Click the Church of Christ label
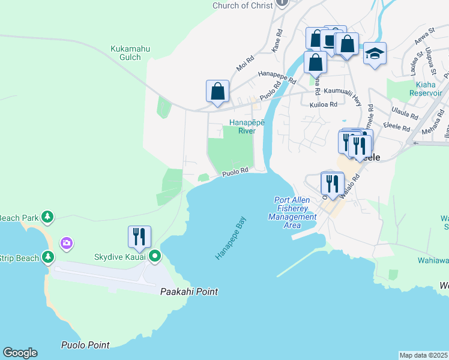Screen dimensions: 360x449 244,5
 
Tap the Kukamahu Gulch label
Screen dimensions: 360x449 126,53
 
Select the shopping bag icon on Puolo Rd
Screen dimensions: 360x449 218,92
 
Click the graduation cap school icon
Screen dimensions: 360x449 375,54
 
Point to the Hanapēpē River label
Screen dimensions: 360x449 243,126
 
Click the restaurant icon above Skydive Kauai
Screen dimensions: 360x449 139,236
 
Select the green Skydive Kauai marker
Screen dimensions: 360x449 155,257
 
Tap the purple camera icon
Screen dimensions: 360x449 67,243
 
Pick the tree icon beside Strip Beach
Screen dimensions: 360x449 48,257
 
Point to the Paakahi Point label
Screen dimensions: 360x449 188,292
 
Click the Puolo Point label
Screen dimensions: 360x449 85,345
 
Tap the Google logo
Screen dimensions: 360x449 20,353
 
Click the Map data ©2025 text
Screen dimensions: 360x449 423,355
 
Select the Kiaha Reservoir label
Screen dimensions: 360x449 426,89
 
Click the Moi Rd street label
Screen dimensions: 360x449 245,64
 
